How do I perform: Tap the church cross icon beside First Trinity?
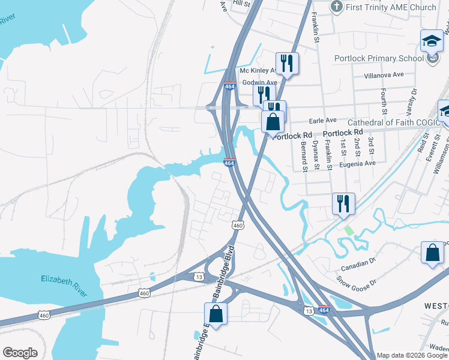pyautogui.click(x=336, y=7)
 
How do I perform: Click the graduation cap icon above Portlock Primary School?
pyautogui.click(x=431, y=41)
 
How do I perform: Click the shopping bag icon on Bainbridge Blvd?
pyautogui.click(x=215, y=314)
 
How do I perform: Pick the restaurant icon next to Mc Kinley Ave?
pyautogui.click(x=287, y=63)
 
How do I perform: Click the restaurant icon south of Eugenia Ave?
pyautogui.click(x=343, y=203)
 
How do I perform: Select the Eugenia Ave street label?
pyautogui.click(x=358, y=163)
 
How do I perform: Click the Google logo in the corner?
pyautogui.click(x=20, y=353)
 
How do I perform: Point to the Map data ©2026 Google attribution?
pyautogui.click(x=411, y=355)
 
